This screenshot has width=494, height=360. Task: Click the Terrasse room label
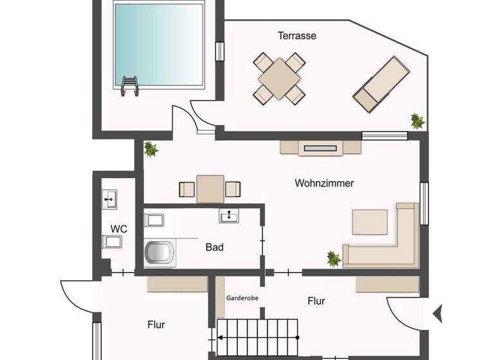pyautogui.click(x=297, y=36)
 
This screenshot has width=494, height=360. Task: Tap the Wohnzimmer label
pyautogui.click(x=324, y=183)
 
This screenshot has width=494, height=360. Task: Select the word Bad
pyautogui.click(x=214, y=247)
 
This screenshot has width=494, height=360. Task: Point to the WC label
pyautogui.click(x=118, y=229)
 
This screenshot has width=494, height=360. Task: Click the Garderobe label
pyautogui.click(x=242, y=299)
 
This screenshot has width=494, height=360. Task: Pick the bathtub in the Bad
pyautogui.click(x=159, y=253)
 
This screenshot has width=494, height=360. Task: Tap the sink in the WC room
pyautogui.click(x=109, y=199)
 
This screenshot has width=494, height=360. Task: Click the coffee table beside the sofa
pyautogui.click(x=369, y=222)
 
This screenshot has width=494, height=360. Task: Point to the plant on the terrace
pyautogui.click(x=417, y=121)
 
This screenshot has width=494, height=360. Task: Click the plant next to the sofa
pyautogui.click(x=333, y=259)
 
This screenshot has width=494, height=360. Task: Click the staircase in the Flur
pyautogui.click(x=257, y=337)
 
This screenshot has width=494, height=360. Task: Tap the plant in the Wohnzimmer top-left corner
pyautogui.click(x=151, y=149)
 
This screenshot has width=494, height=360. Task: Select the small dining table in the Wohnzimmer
pyautogui.click(x=210, y=189)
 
